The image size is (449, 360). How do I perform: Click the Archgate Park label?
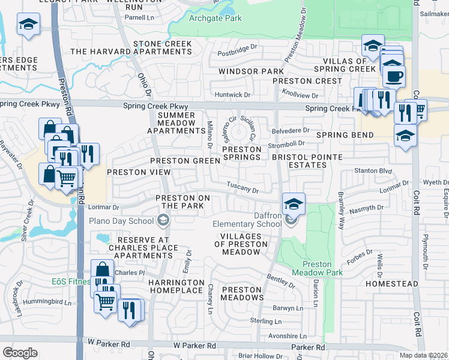(215, 19)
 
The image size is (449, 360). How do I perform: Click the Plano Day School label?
(121, 221)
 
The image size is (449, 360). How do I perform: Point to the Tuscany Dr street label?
(243, 188)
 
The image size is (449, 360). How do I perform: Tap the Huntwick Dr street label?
(231, 95)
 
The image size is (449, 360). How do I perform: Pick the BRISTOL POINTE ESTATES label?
(307, 161)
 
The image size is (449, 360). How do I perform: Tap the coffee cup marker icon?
(394, 77)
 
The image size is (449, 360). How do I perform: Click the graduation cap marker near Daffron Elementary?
(294, 203)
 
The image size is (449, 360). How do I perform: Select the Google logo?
(20, 353)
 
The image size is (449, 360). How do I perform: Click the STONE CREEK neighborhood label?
(163, 44)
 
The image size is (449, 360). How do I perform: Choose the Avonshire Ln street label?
(287, 336)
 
